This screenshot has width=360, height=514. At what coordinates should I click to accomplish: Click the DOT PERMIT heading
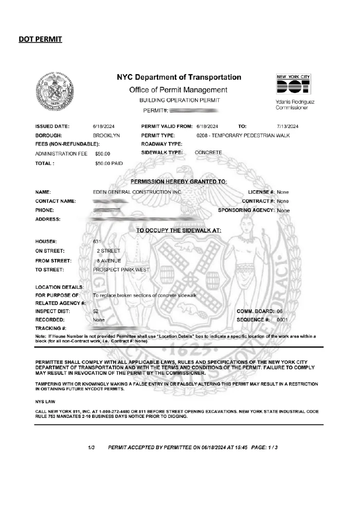pos(40,39)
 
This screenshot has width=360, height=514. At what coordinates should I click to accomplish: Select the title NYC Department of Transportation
pos(178,78)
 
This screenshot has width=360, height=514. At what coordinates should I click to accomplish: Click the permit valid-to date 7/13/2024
pos(287,126)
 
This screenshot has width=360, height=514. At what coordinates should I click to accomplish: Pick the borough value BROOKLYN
pos(106,135)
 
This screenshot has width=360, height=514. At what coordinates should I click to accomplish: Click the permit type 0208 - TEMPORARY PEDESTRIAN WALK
pos(243,135)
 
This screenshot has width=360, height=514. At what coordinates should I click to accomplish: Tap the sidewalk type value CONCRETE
pos(208,153)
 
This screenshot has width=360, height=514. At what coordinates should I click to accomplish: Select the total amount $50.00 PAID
pos(109,163)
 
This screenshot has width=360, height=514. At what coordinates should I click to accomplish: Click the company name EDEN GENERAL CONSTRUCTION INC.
pos(137,192)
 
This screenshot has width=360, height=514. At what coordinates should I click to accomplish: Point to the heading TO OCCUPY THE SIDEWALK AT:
pos(178,230)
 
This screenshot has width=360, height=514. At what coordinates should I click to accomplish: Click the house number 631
pos(97,241)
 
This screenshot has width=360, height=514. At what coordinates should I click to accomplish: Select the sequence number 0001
pos(282,320)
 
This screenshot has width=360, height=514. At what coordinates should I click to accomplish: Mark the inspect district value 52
pos(96,311)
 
